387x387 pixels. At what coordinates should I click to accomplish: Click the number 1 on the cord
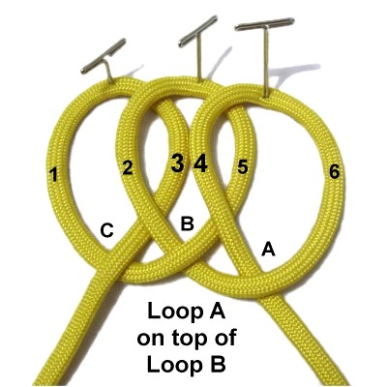pos(53,174)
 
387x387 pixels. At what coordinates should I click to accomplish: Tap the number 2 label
pos(128,167)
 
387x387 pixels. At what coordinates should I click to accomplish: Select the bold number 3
pos(178,163)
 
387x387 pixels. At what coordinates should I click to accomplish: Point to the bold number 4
pos(200,163)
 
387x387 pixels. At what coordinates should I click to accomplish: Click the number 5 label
pos(243,167)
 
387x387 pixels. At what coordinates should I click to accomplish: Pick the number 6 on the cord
pos(335,171)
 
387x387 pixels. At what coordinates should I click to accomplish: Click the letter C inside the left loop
pos(106,230)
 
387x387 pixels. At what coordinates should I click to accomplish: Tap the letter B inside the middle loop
pos(188,223)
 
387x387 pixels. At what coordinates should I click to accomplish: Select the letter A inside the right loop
pos(268,249)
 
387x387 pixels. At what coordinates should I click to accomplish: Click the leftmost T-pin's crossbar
pos(104,56)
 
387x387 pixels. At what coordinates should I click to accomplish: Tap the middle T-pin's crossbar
pos(198,31)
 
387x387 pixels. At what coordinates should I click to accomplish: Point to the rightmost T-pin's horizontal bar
pos(264,24)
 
